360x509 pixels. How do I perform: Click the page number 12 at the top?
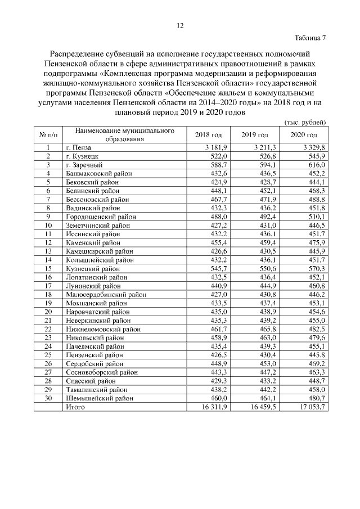tap(180, 26)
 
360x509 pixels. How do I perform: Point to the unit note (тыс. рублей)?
tap(303, 122)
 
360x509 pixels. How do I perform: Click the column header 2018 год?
tap(209, 135)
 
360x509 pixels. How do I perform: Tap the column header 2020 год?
tap(304, 135)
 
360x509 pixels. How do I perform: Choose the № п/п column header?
tap(48, 135)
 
